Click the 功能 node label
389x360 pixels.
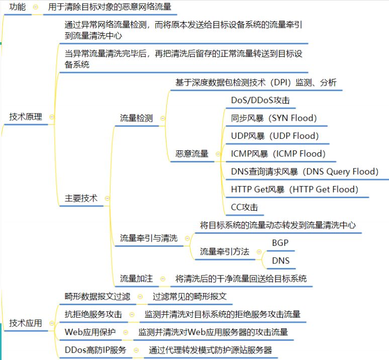[x=18, y=7]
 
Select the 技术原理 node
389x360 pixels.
[x=26, y=117]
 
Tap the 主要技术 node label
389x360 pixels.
[x=81, y=198]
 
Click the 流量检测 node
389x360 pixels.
[x=136, y=118]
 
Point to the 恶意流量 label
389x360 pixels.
[x=192, y=154]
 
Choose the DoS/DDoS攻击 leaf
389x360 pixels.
[x=260, y=100]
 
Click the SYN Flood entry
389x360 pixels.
[x=274, y=118]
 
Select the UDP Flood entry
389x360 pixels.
[x=274, y=136]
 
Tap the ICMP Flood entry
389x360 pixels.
[x=278, y=154]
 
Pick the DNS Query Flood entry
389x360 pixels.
[x=305, y=171]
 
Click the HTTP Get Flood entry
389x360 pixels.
[x=295, y=190]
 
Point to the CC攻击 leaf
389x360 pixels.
[x=244, y=207]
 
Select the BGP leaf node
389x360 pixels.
[x=280, y=243]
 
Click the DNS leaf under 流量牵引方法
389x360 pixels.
[x=280, y=260]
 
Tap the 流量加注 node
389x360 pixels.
[x=136, y=279]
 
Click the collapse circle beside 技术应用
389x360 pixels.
[x=52, y=323]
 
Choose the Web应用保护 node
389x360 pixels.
[x=90, y=332]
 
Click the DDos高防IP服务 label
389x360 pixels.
[x=95, y=350]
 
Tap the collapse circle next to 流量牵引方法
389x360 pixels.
[x=259, y=252]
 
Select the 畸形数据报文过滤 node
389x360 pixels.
[x=98, y=296]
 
